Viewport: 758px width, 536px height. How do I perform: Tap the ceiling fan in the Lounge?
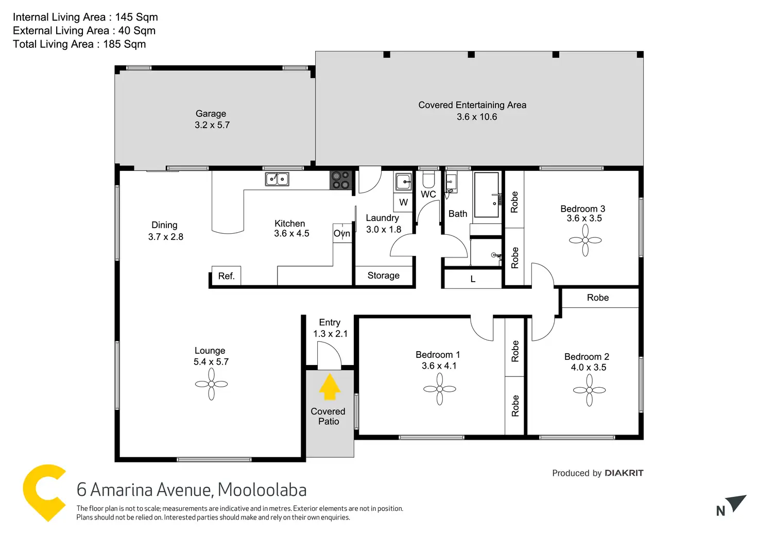pyautogui.click(x=212, y=384)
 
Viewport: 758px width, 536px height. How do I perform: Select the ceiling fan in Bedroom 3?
pyautogui.click(x=585, y=240)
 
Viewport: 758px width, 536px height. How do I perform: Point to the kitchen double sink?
pyautogui.click(x=277, y=179)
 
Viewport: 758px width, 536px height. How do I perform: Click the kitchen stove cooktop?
pyautogui.click(x=341, y=180)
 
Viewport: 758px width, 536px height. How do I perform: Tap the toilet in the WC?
pyautogui.click(x=428, y=179)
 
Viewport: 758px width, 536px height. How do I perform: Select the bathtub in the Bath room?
pyautogui.click(x=487, y=195)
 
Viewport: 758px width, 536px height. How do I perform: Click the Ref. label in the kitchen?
pyautogui.click(x=227, y=276)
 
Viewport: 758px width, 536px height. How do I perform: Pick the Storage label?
pyautogui.click(x=384, y=275)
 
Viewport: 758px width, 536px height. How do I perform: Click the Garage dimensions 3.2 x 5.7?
pyautogui.click(x=212, y=125)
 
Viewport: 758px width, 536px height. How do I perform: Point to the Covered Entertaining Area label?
pyautogui.click(x=472, y=105)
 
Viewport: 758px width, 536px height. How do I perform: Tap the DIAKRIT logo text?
pyautogui.click(x=624, y=473)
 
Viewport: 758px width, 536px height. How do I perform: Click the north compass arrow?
pyautogui.click(x=738, y=503)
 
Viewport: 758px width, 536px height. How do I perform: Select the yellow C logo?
pyautogui.click(x=44, y=493)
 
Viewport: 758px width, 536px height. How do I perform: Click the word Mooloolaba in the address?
pyautogui.click(x=262, y=490)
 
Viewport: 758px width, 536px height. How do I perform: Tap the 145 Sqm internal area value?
pyautogui.click(x=136, y=17)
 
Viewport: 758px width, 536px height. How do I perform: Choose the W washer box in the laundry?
pyautogui.click(x=403, y=202)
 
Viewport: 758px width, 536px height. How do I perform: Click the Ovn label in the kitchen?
pyautogui.click(x=342, y=233)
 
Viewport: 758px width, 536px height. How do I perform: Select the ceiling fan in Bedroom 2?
pyautogui.click(x=590, y=390)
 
